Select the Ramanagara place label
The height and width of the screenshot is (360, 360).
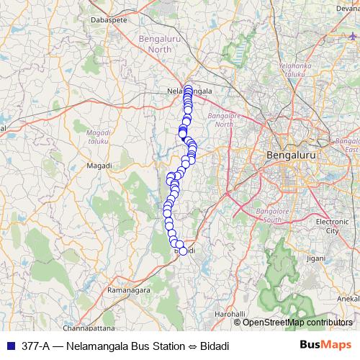[108, 289]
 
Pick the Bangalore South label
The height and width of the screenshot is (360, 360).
[276, 215]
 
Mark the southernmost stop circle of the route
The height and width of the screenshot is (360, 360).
[182, 251]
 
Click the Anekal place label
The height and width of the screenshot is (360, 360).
[348, 298]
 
